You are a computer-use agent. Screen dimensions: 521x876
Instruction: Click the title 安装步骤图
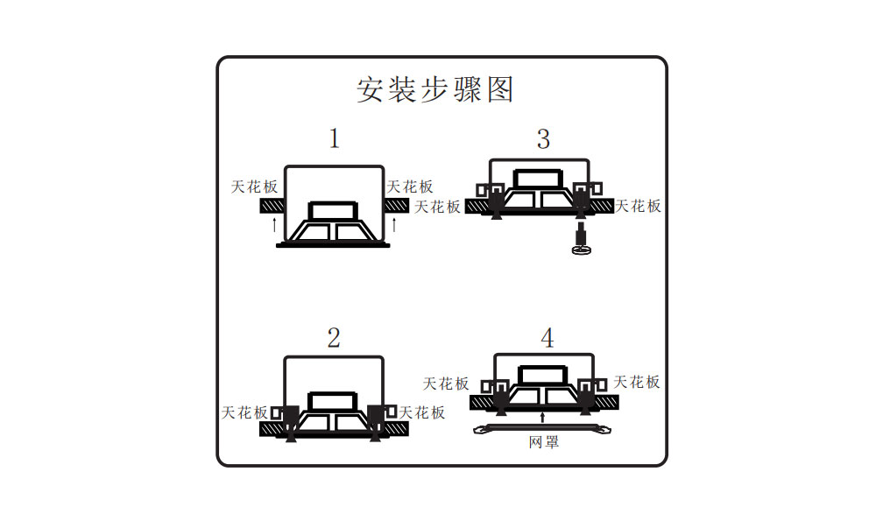(x=434, y=89)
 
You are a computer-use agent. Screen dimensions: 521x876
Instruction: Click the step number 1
(x=334, y=138)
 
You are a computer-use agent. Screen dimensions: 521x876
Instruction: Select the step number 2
(x=334, y=339)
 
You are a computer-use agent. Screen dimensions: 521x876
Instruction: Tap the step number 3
(x=544, y=138)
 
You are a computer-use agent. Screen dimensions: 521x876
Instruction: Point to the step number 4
(x=547, y=339)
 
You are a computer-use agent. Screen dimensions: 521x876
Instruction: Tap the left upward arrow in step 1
(x=274, y=224)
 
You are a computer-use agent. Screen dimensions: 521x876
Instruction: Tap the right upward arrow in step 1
(x=394, y=224)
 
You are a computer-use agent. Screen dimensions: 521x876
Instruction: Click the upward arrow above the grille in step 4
(x=544, y=416)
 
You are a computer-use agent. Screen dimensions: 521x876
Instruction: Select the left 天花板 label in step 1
(x=254, y=187)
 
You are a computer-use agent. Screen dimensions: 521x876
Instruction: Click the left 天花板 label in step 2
(x=245, y=412)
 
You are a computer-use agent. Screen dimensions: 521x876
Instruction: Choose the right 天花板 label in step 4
(x=637, y=382)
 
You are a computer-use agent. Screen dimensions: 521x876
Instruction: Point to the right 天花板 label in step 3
(x=638, y=206)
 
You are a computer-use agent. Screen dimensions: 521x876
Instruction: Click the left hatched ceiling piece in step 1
(x=272, y=206)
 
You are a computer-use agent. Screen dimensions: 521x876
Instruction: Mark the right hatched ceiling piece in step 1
(x=396, y=206)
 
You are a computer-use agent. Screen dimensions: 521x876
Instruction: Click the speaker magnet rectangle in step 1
(x=334, y=211)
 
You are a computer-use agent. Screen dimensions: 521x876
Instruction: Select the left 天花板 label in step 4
(x=446, y=384)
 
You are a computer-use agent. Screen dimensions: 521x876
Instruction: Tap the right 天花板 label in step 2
(x=422, y=412)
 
